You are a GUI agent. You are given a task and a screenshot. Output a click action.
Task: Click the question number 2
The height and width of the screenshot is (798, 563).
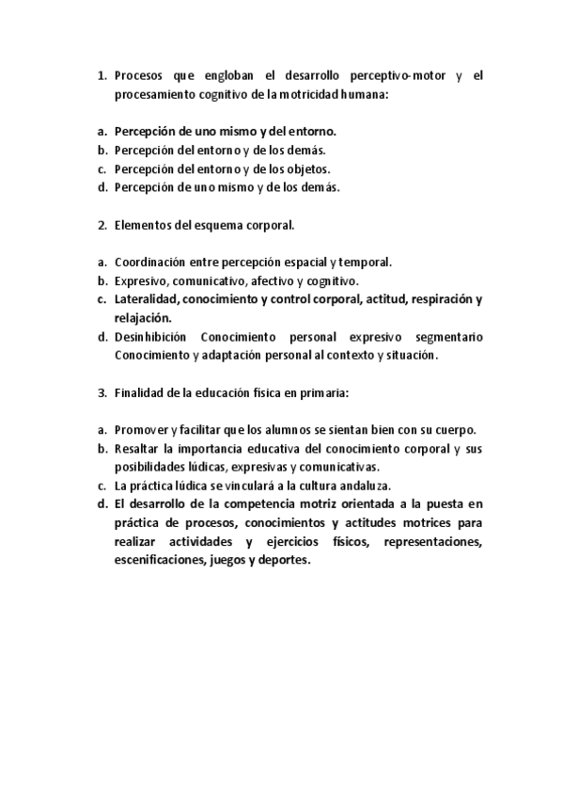point(102,225)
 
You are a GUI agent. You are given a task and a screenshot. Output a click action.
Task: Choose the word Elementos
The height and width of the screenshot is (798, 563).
point(144,225)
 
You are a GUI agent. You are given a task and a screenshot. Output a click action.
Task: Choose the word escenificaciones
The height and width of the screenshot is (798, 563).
point(157,561)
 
